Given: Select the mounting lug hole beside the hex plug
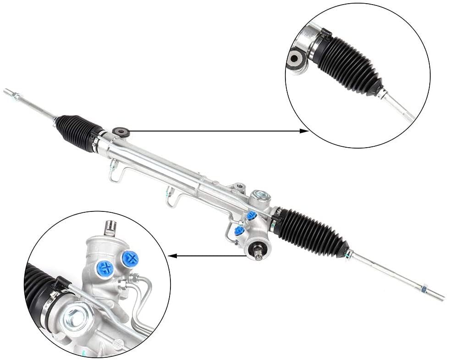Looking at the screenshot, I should tap(238, 187).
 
